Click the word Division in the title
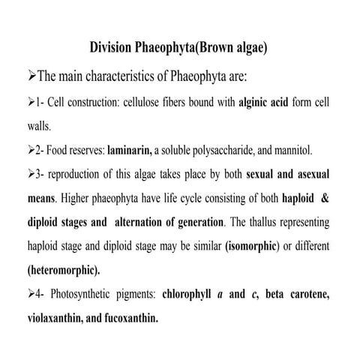tap(115, 47)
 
